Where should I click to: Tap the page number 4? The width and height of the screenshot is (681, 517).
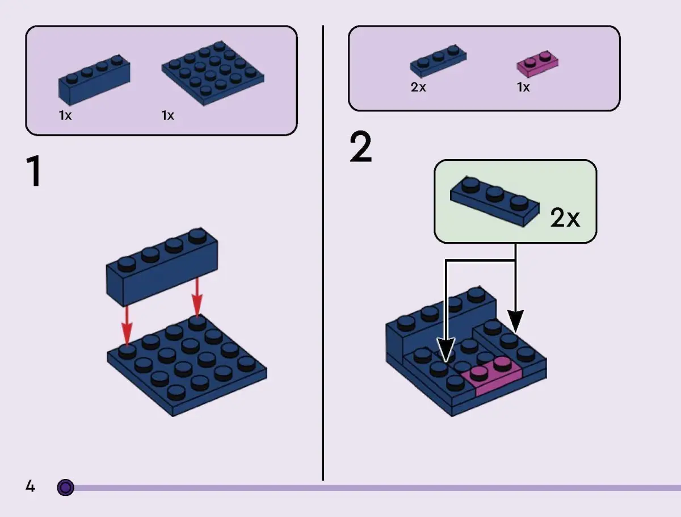30,487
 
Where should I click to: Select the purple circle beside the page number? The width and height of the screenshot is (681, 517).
66,487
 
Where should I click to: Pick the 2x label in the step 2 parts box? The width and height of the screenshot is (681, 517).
418,88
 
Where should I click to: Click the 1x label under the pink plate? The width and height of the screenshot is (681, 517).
523,88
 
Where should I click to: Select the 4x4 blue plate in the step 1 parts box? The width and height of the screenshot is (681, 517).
213,72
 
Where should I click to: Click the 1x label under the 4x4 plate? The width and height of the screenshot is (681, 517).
167,116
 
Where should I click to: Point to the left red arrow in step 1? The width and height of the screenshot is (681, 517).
127,324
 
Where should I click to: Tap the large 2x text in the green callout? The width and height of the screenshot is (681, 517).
565,218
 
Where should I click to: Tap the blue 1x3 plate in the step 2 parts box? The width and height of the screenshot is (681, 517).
438,61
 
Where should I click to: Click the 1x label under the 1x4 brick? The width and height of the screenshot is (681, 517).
65,116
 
